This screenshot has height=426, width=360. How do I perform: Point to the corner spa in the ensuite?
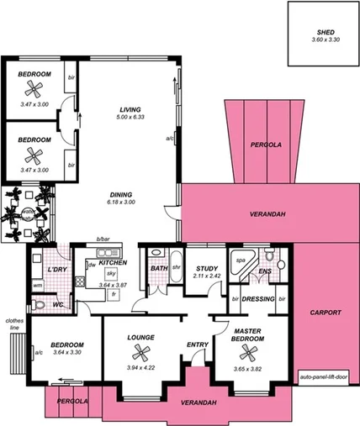tap(241, 260)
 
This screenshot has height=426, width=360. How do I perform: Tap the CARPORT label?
tap(325, 313)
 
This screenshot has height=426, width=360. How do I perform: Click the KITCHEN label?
tap(113, 263)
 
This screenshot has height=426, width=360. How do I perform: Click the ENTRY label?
tap(198, 344)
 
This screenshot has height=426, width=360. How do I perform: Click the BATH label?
tap(159, 269)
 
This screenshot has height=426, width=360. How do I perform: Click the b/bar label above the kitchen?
tap(103, 240)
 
